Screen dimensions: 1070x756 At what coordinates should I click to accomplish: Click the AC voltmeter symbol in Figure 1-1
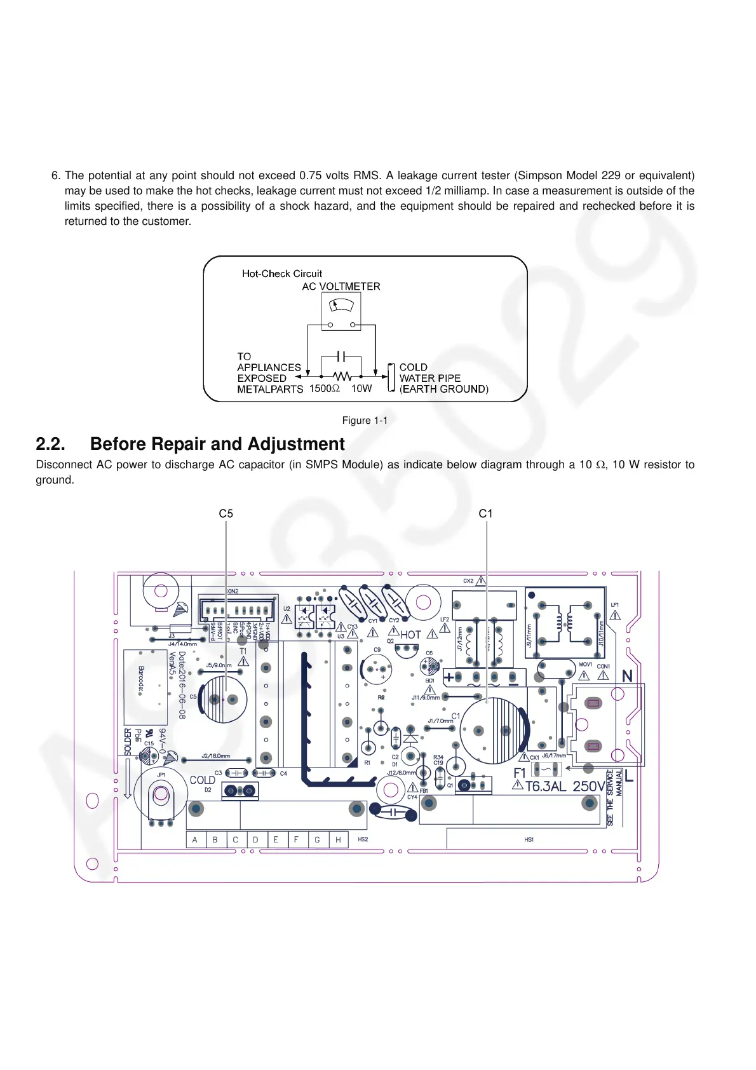pyautogui.click(x=342, y=311)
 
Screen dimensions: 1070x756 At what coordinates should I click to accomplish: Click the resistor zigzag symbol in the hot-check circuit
pyautogui.click(x=342, y=376)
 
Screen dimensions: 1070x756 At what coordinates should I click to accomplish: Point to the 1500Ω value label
pyautogui.click(x=324, y=388)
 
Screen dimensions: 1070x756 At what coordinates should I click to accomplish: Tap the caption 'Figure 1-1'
pyautogui.click(x=365, y=421)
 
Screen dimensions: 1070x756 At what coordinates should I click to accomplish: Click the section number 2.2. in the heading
pyautogui.click(x=50, y=444)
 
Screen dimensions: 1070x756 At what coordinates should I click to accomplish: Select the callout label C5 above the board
pyautogui.click(x=226, y=513)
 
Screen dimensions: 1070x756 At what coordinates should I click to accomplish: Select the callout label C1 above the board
pyautogui.click(x=485, y=513)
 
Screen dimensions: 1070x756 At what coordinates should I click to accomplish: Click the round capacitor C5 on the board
pyautogui.click(x=223, y=700)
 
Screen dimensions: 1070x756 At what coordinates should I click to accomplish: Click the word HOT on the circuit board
pyautogui.click(x=411, y=634)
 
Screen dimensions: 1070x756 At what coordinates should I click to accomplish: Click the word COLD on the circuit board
pyautogui.click(x=202, y=780)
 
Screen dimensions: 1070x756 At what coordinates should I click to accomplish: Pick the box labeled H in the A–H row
pyautogui.click(x=338, y=839)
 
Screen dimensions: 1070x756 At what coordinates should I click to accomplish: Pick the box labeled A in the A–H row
pyautogui.click(x=195, y=839)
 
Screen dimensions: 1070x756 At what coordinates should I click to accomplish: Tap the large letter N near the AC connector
pyautogui.click(x=627, y=676)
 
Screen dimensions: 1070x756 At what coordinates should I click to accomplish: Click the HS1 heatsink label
pyautogui.click(x=529, y=839)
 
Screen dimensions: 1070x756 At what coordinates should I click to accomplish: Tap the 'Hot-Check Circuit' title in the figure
pyautogui.click(x=282, y=274)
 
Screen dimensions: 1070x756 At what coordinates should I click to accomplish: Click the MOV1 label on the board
pyautogui.click(x=585, y=665)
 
